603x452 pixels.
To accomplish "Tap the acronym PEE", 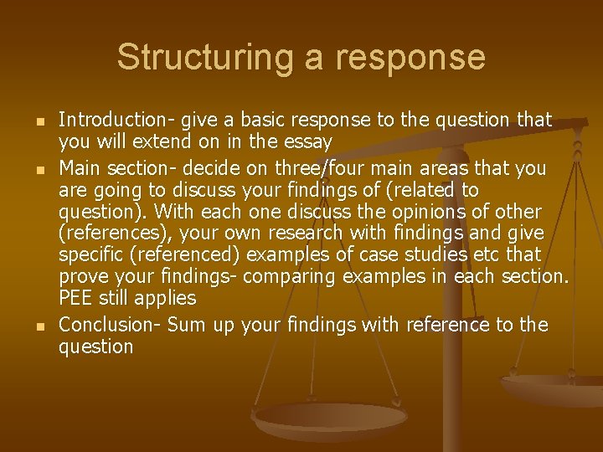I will (76, 298).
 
